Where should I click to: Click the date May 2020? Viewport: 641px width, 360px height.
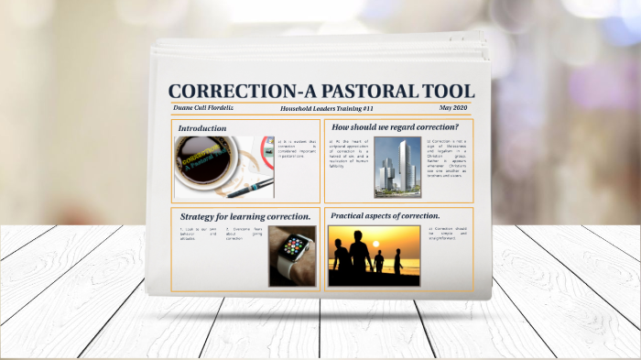[452, 108]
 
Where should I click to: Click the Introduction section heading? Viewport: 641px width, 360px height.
[202, 128]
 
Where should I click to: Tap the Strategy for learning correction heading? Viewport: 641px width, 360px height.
[244, 216]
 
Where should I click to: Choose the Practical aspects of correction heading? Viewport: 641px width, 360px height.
[385, 215]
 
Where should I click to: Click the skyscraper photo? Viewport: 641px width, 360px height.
[397, 168]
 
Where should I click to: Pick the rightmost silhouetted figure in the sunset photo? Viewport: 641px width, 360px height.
[397, 262]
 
